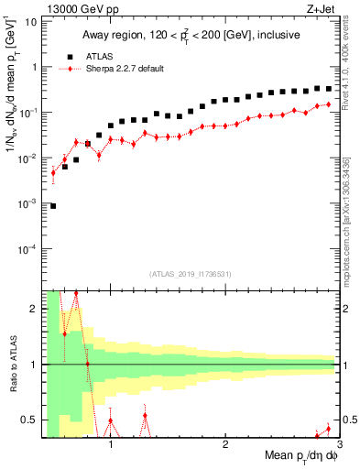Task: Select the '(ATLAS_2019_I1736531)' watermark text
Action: coord(189,274)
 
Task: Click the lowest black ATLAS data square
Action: coord(53,206)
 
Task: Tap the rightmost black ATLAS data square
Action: coord(329,89)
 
